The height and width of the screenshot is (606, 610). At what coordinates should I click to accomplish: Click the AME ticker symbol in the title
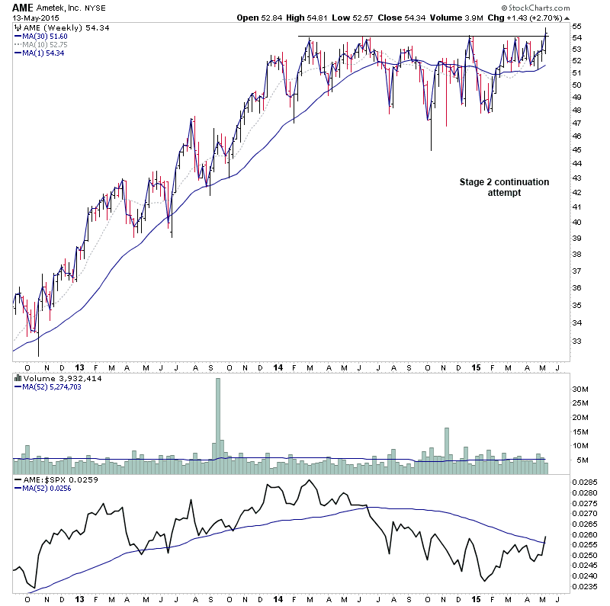[x=23, y=8]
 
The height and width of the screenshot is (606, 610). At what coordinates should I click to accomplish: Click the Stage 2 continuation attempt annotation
[x=503, y=188]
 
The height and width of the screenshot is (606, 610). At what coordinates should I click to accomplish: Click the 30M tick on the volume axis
[x=580, y=388]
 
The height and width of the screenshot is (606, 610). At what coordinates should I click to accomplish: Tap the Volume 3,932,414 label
[x=58, y=378]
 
